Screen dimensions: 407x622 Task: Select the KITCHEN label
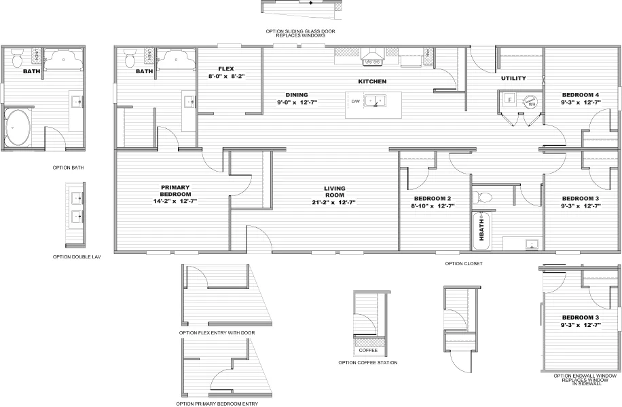[372, 81]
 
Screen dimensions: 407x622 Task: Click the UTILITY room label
[513, 79]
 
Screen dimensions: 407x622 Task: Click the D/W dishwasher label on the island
[355, 102]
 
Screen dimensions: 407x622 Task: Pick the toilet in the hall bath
[485, 197]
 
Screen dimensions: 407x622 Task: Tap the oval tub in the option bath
[18, 127]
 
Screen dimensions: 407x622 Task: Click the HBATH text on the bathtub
[481, 227]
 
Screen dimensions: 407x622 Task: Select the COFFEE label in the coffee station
[367, 351]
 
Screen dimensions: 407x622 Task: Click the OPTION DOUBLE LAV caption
[77, 257]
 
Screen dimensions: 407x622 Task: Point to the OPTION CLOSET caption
[464, 263]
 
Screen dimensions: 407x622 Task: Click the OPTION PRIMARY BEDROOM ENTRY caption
[217, 404]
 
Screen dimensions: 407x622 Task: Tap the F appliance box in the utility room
[509, 100]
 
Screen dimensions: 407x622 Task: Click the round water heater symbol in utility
[530, 101]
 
